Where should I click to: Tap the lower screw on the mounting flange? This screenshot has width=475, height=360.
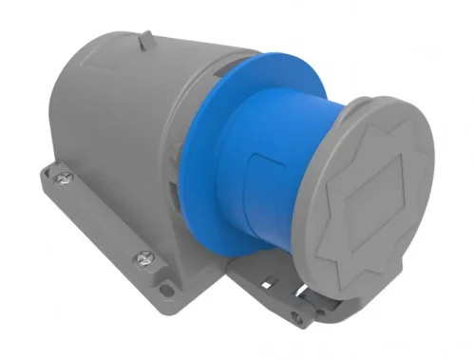pyautogui.click(x=145, y=256)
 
